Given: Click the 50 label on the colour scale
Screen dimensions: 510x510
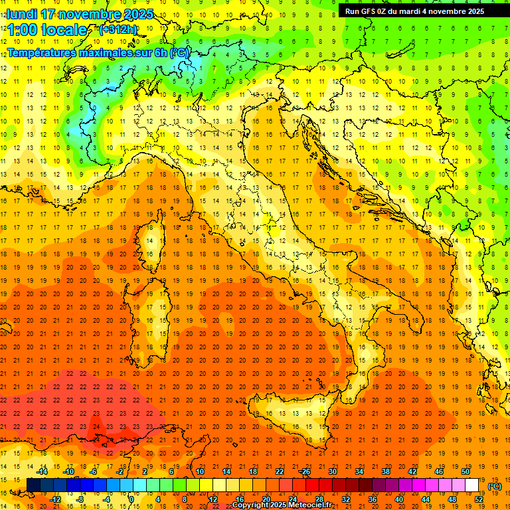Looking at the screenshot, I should [x=465, y=471].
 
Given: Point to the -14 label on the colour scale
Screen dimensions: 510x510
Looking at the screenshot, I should [x=42, y=471].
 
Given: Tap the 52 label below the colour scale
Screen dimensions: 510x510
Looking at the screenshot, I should [x=478, y=499].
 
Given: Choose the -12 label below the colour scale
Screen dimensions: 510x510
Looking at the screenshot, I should [x=56, y=499].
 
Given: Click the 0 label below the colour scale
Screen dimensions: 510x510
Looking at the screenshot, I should [x=131, y=499].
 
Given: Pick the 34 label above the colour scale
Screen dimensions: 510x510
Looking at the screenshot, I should [x=359, y=471].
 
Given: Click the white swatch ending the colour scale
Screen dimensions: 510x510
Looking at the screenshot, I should [x=472, y=485].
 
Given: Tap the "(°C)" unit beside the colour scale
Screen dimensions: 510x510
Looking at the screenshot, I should [x=495, y=486].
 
